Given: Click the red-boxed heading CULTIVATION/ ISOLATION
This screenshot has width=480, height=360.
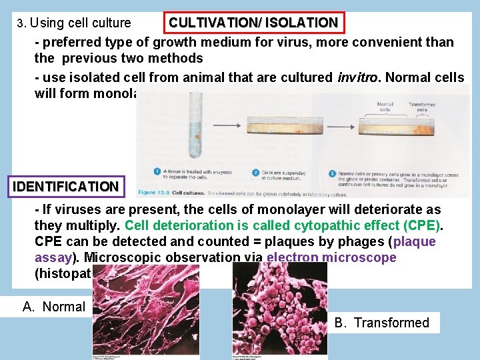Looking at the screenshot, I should point(253,23).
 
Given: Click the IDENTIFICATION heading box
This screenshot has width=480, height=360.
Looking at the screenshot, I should point(65,186).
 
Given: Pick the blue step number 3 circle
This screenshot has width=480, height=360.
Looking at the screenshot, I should point(332,173).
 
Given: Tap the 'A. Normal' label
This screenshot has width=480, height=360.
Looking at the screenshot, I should point(54,307).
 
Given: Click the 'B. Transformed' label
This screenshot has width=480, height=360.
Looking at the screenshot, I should point(382,323).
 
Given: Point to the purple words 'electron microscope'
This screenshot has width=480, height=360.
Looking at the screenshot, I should point(331,257).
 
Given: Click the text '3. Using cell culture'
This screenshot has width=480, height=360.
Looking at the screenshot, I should point(74,23).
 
